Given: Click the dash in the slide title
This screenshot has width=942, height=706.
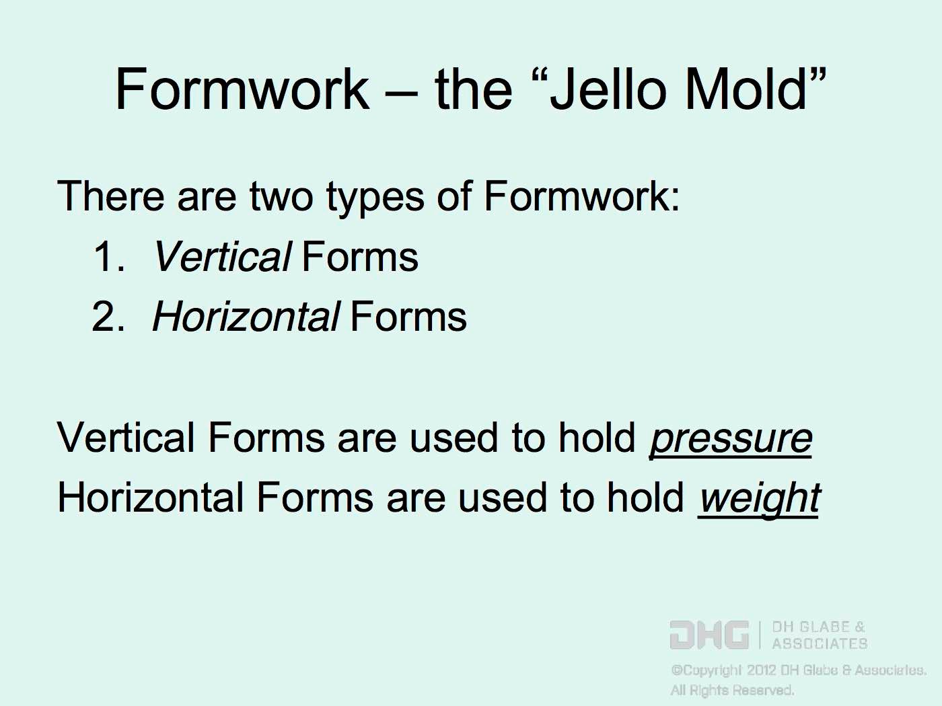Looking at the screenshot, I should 401,92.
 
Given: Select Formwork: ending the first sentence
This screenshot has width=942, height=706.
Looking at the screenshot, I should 581,196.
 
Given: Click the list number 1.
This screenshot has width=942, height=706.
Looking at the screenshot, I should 108,257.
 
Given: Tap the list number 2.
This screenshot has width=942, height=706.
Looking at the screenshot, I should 108,317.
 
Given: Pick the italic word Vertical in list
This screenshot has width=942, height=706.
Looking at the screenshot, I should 222,257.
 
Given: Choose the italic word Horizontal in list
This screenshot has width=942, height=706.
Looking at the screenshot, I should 246,317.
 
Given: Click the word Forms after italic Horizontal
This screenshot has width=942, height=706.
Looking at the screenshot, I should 408,317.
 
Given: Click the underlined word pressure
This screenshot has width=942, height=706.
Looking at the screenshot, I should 731,439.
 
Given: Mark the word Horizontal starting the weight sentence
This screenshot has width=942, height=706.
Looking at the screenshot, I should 150,498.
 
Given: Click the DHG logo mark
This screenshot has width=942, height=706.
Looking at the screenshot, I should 709,635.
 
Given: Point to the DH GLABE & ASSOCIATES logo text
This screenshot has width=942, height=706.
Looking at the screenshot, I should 820,635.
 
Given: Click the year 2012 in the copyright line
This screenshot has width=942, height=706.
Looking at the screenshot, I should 762,670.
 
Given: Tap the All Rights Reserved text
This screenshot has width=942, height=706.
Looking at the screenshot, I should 732,691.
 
